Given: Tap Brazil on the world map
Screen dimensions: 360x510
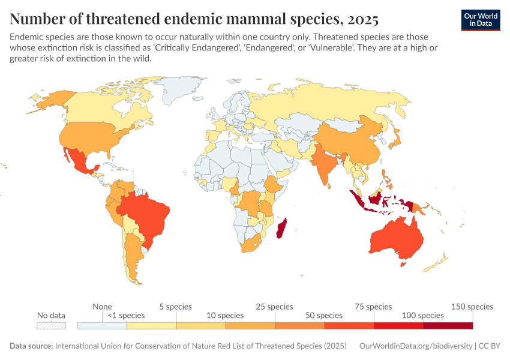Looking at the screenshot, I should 144,213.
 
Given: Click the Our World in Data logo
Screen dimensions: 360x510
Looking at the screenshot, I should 481,20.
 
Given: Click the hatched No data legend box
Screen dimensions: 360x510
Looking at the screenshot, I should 51,326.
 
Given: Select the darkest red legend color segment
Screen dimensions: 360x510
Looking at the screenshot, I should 448,326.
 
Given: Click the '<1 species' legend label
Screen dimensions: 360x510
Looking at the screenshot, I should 127,315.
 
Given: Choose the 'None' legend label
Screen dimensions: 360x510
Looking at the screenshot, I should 102,307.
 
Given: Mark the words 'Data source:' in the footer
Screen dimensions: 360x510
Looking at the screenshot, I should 31,347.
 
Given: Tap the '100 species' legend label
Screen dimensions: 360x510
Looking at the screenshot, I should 423,315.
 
